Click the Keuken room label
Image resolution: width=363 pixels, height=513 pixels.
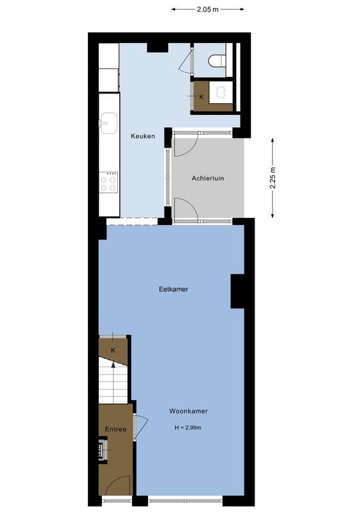coord(142,136)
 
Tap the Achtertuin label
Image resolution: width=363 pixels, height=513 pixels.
coord(208,178)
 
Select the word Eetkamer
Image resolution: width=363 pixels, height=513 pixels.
coord(173,289)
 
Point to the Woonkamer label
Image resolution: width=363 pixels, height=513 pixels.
coord(188,411)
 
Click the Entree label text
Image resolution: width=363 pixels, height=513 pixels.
coord(115,429)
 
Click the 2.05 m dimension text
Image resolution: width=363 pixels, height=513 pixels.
coord(208,9)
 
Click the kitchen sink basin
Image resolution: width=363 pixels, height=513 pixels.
coord(108,122)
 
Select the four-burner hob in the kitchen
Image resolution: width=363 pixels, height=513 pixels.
coord(109,182)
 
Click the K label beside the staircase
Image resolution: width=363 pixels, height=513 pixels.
coord(113,350)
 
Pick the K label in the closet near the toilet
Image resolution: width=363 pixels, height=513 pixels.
coord(201,97)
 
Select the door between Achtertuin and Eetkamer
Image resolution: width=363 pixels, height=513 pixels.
coord(185,210)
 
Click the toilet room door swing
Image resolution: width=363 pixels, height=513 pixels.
coord(187,62)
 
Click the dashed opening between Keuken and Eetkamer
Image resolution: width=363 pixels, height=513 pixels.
coord(132,221)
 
